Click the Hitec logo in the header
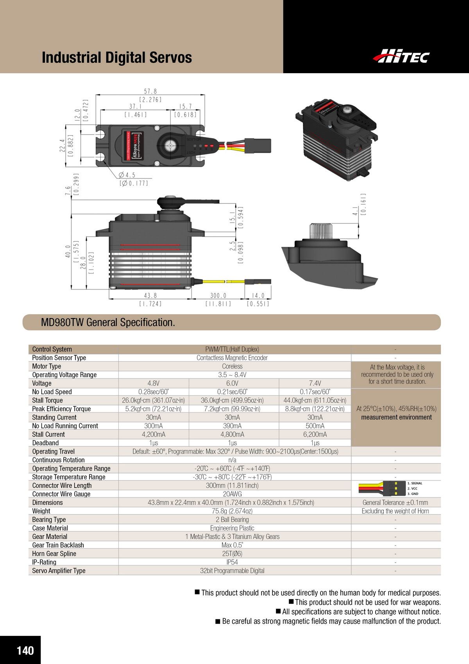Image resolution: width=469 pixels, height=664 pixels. point(401,56)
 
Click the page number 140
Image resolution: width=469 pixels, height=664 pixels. point(25,651)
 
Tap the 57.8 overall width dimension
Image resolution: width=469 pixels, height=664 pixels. point(150,91)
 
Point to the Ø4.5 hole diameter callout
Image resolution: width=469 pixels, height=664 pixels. point(128,175)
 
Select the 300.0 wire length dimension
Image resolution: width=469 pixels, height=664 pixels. point(218,296)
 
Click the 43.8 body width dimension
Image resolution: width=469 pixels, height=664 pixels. point(150,296)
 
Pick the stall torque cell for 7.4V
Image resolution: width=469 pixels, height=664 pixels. point(315,400)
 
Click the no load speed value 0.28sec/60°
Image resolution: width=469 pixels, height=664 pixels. point(154,392)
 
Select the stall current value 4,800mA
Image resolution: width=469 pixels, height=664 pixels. point(232,434)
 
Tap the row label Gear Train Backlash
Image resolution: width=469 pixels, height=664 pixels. point(58,545)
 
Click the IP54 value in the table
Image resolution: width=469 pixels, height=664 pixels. point(232,562)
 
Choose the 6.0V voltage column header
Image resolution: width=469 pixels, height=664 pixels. point(232,383)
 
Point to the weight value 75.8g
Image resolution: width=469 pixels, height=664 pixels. point(232,511)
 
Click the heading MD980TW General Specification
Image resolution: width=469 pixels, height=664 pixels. point(108,322)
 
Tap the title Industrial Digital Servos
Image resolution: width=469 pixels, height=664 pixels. point(116,58)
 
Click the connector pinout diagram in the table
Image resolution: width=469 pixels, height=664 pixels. point(391,488)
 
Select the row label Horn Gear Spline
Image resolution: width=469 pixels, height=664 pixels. point(54,554)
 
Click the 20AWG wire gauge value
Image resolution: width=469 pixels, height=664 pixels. point(232,494)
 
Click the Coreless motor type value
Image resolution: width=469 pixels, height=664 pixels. point(232,366)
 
